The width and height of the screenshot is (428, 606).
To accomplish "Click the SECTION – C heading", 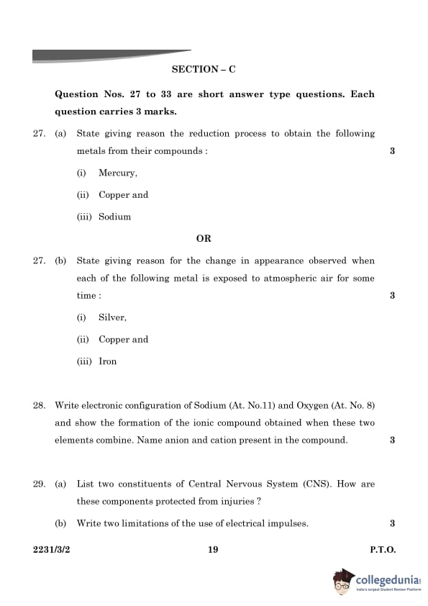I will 204,69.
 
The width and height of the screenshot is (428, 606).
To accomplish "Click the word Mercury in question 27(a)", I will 117,173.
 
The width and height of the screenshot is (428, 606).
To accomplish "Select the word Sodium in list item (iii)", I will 114,217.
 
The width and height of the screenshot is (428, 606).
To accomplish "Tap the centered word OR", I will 204,238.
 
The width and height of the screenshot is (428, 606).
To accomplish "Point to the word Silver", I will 112,317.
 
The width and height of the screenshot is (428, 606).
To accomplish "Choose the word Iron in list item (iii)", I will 107,361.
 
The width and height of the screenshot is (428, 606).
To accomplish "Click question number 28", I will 40,406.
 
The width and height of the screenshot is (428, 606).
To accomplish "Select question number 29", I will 40,484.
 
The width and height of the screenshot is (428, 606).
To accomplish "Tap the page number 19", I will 213,550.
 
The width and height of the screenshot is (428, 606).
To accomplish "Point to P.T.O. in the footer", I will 383,550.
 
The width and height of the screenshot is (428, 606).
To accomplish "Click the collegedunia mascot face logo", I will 343,581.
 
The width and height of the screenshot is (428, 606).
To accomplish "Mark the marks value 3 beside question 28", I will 392,440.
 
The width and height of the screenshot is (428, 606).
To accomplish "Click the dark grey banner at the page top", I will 108,55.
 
